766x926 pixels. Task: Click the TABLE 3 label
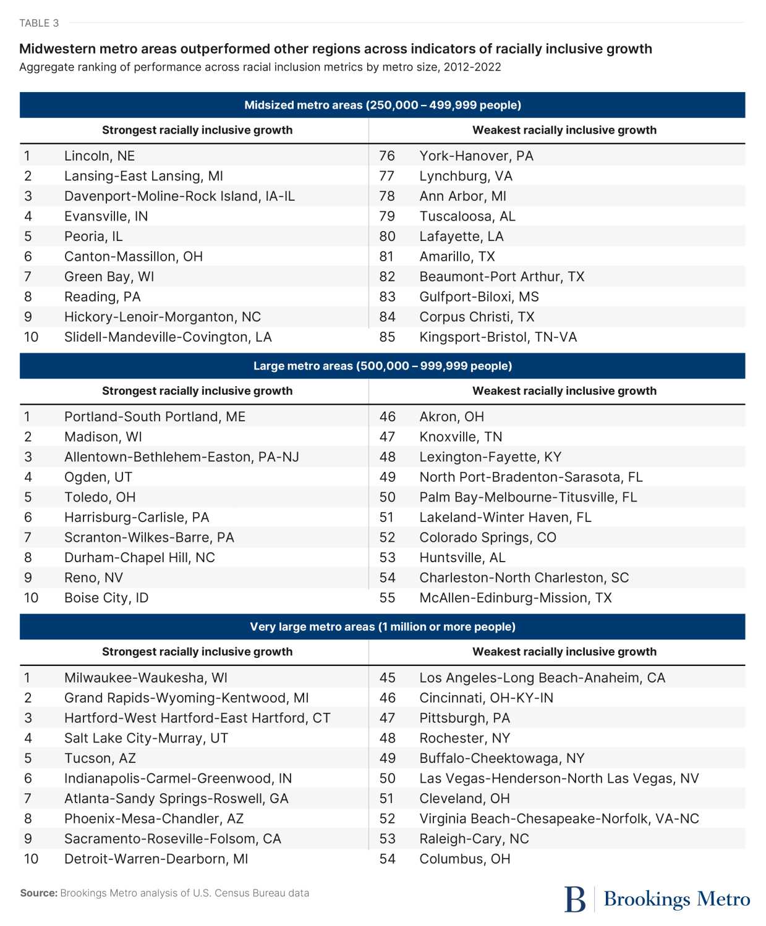click(39, 23)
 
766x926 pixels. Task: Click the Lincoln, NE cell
click(99, 156)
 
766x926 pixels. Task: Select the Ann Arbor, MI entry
click(462, 196)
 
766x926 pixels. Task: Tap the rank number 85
click(387, 337)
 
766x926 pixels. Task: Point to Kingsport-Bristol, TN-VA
click(498, 337)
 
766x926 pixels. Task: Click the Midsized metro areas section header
click(382, 105)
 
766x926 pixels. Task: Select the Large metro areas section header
click(382, 366)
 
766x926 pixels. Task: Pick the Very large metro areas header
click(382, 627)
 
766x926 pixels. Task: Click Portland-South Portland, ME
click(155, 417)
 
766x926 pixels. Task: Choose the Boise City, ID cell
click(106, 598)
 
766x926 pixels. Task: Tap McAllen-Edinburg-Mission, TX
click(515, 598)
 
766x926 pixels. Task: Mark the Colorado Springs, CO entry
click(487, 537)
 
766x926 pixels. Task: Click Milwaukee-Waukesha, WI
click(145, 678)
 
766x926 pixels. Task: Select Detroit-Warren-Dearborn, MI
click(156, 859)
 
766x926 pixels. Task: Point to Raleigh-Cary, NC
click(474, 839)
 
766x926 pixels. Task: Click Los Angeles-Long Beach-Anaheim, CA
click(542, 678)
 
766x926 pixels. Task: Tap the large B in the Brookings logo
click(574, 899)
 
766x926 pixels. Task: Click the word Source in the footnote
click(38, 893)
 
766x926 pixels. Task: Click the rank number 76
click(387, 156)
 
